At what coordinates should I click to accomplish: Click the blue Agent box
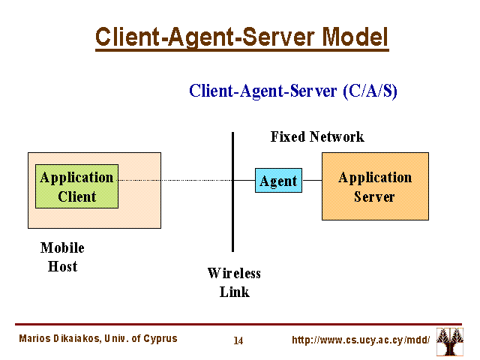point(278,180)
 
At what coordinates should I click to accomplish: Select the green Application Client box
point(76,186)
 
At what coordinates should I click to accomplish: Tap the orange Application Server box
point(375,186)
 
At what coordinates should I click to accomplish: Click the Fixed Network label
point(317,136)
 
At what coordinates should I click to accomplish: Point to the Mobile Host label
point(62,256)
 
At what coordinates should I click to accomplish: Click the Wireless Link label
point(234,282)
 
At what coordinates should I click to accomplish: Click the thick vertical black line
point(233,192)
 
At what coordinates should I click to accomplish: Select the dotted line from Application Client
point(175,180)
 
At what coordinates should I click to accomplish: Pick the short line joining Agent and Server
point(312,180)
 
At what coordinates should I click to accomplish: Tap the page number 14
point(238,340)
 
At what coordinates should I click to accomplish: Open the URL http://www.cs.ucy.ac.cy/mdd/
point(361,340)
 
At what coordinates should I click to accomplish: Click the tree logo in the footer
point(450,341)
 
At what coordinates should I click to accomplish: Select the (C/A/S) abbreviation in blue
point(370,91)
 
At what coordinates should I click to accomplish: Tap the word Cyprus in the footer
point(160,339)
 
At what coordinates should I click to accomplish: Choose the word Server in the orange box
point(374,196)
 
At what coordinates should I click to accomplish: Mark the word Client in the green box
point(76,196)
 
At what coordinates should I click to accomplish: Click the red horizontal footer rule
point(238,324)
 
